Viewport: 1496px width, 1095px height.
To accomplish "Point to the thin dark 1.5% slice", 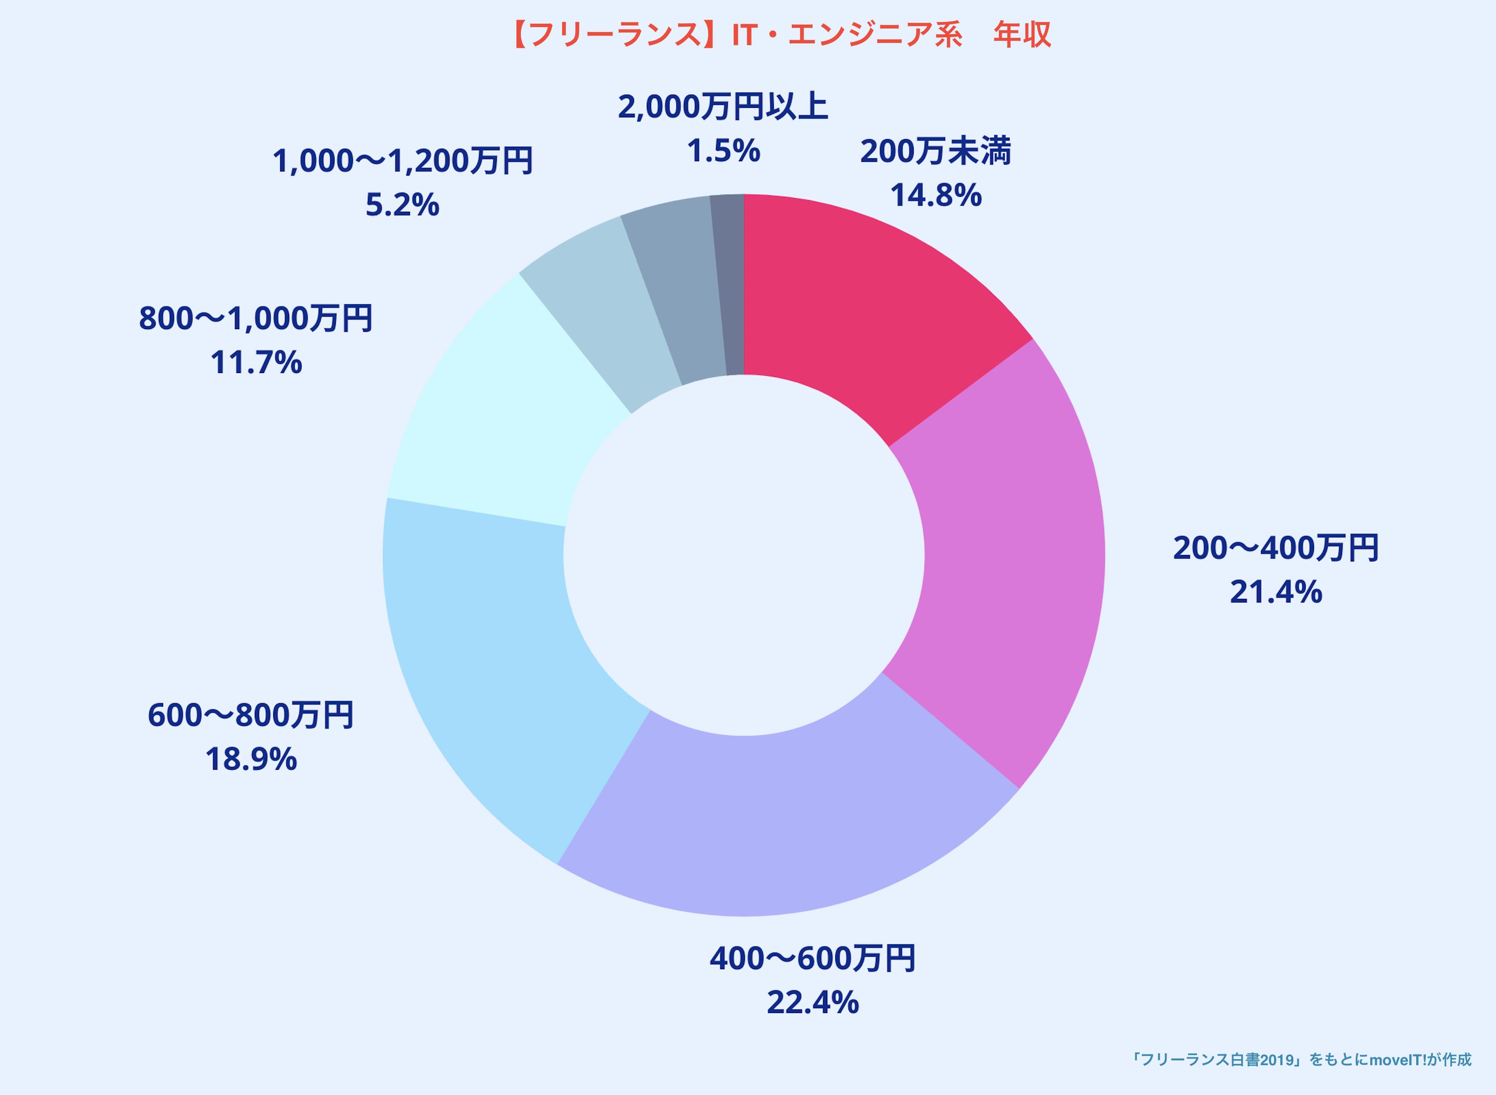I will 729,285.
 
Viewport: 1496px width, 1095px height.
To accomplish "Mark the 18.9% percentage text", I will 250,760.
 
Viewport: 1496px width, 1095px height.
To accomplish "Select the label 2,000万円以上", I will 723,107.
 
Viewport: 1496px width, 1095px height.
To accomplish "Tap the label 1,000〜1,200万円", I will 402,161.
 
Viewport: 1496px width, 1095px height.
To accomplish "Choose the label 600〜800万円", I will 250,715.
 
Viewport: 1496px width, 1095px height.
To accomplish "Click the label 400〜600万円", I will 812,959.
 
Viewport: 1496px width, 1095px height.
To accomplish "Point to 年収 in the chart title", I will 1022,35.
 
